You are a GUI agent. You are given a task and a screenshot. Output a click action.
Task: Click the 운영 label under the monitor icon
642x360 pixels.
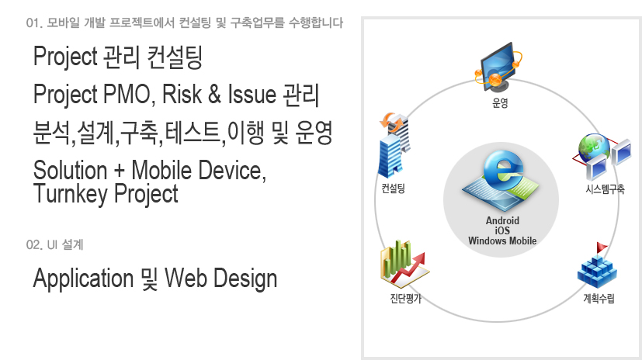(x=500, y=102)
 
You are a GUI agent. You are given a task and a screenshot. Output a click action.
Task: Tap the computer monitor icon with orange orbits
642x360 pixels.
(x=498, y=66)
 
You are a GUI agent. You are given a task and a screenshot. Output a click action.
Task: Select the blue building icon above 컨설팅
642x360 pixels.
(x=394, y=146)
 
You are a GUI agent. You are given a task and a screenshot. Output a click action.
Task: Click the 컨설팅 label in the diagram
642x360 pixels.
(x=393, y=189)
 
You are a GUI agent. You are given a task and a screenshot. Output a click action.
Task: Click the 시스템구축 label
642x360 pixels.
(x=605, y=189)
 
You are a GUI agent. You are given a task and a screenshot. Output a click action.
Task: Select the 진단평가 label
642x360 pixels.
(x=405, y=298)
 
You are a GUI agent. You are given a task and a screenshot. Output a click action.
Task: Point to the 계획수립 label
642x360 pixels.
(x=599, y=298)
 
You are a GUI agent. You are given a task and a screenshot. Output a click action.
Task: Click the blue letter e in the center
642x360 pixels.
(x=504, y=170)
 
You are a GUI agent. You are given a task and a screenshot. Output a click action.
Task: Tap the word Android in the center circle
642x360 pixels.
(x=502, y=220)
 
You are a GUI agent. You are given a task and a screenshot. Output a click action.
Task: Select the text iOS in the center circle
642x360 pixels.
(x=502, y=230)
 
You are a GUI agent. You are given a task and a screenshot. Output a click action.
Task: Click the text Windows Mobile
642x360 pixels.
(x=502, y=241)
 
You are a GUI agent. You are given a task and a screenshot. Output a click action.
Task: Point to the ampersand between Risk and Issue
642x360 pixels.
(x=214, y=95)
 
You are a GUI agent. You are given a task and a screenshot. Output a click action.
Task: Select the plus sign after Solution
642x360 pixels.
(x=119, y=171)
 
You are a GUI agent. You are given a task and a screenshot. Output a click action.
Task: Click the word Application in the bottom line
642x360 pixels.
(x=84, y=279)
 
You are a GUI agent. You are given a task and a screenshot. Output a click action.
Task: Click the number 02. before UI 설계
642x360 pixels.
(x=34, y=244)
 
